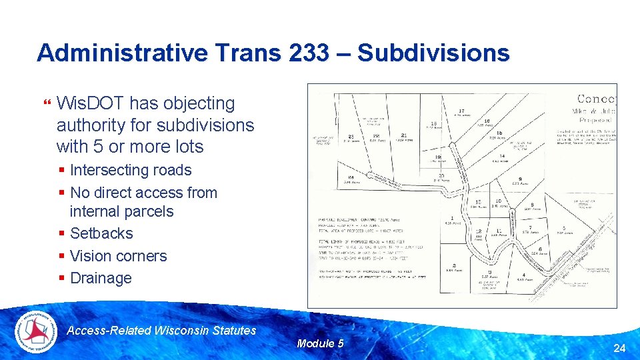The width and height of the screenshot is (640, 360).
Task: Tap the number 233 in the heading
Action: [309, 53]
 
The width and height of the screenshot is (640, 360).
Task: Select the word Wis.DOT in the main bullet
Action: [90, 103]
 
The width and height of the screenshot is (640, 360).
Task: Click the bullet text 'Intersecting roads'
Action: [131, 170]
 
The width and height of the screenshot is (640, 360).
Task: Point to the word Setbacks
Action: [101, 233]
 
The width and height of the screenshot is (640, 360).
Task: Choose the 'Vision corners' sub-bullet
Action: [118, 256]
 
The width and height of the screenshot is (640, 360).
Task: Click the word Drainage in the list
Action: [101, 278]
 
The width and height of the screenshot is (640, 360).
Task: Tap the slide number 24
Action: [619, 347]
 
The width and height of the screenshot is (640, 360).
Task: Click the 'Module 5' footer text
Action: [320, 343]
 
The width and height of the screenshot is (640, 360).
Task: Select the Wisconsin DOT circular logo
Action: [37, 331]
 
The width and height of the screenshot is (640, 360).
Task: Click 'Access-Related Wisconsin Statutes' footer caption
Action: [162, 330]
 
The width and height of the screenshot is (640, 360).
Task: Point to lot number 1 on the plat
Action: [453, 219]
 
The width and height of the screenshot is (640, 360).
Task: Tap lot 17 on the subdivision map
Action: [461, 111]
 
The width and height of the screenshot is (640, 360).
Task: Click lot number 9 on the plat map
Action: [519, 179]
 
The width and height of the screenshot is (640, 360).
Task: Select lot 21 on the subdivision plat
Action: [404, 135]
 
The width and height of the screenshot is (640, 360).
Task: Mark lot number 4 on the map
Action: [523, 275]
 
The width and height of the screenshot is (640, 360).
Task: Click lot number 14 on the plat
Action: [502, 156]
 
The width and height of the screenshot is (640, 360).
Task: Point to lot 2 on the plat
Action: [453, 265]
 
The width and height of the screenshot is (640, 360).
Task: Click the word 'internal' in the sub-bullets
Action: [95, 211]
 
